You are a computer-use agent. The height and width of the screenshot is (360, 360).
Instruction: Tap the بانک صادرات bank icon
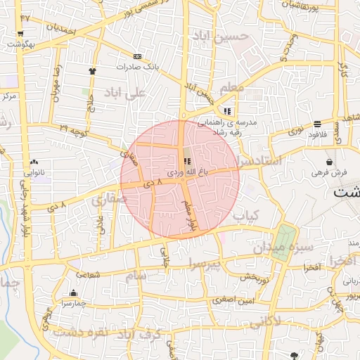pyautogui.click(x=137, y=56)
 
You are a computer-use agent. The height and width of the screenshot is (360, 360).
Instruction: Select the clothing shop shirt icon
pyautogui.click(x=92, y=71)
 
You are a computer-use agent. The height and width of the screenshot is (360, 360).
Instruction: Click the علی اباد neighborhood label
pyautogui.click(x=124, y=93)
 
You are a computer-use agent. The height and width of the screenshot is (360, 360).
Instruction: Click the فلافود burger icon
pyautogui.click(x=317, y=124)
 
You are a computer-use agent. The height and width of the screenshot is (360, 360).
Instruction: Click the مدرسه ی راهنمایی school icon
pyautogui.click(x=226, y=111)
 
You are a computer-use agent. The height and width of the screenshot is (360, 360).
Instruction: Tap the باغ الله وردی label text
pyautogui.click(x=187, y=172)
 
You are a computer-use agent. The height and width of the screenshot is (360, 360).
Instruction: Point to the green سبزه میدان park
pyautogui.click(x=284, y=241)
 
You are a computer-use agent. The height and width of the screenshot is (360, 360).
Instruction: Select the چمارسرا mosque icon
pyautogui.click(x=74, y=293)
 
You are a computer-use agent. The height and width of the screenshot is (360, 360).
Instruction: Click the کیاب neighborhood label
pyautogui.click(x=246, y=214)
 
